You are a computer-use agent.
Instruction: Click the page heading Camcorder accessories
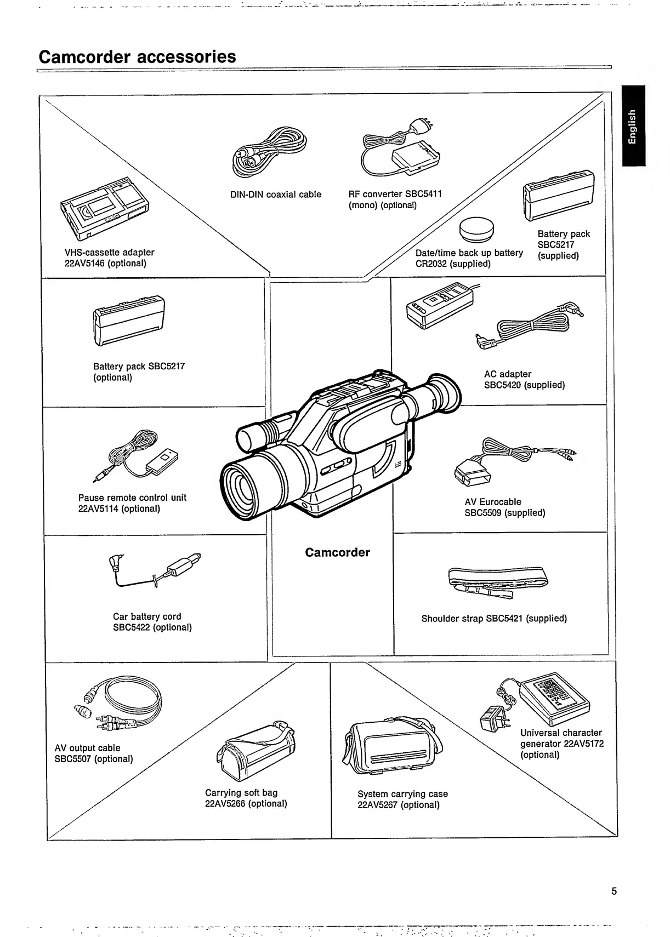pos(137,56)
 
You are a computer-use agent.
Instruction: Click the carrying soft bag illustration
pos(257,750)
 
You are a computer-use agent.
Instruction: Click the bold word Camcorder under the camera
pos(337,552)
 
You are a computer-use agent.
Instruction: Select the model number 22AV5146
pos(84,264)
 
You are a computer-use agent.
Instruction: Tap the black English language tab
pos(633,125)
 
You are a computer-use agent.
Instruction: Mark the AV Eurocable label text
pos(492,502)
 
